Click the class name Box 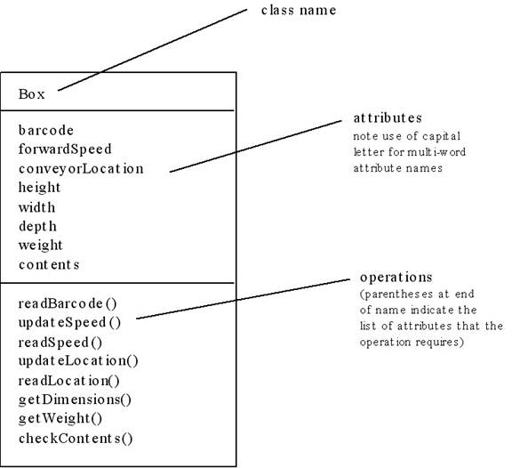coord(32,94)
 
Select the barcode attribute coord(46,130)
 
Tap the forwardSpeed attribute coord(65,149)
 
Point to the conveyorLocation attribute coord(81,169)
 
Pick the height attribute coord(39,188)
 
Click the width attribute coord(37,207)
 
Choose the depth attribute coord(37,227)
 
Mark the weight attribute coord(41,246)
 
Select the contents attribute coord(49,264)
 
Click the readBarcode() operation coord(68,303)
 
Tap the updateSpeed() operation coord(69,323)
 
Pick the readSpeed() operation coord(60,343)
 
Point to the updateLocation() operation coord(78,361)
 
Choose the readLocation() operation coord(69,381)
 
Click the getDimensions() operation coord(75,399)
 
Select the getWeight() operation coord(60,419)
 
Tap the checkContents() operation coord(76,439)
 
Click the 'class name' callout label coord(299,10)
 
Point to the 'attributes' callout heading coord(388,118)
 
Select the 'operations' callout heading coord(396,278)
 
